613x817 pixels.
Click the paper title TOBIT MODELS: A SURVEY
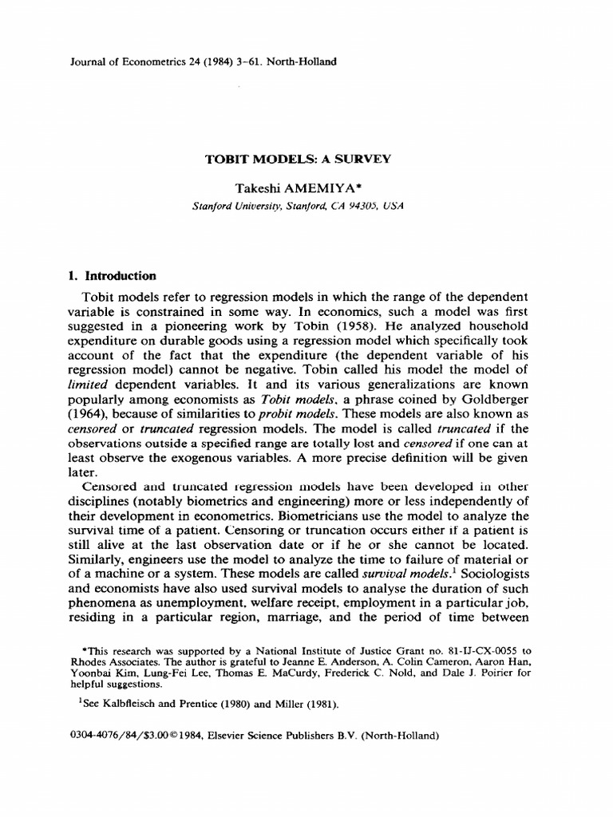tap(299, 159)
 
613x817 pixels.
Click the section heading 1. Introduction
tap(111, 276)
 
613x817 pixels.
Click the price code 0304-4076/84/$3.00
tap(118, 736)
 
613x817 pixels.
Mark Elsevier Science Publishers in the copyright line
tap(290, 736)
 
